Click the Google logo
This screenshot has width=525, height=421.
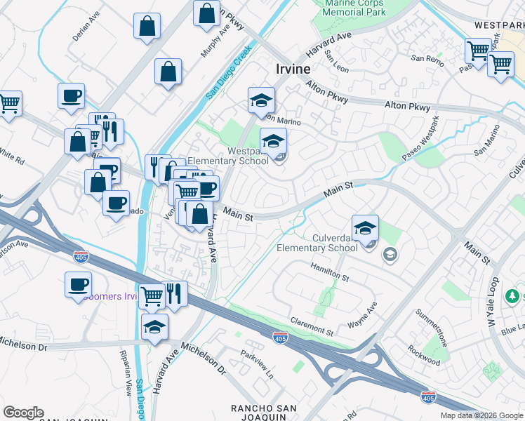(23, 413)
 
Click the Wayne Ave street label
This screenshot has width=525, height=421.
(363, 316)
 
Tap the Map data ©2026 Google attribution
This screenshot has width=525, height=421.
(481, 415)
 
